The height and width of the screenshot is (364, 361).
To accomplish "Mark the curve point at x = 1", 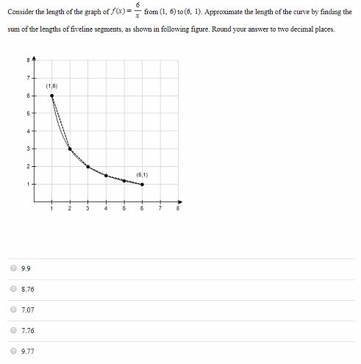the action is click(51, 96).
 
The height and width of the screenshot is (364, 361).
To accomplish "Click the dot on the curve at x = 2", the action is click(70, 149).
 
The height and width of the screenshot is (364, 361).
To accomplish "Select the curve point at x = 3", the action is click(87, 166).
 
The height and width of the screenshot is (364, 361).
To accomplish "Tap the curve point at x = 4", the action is click(106, 175).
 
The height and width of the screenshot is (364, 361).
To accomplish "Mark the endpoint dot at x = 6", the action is click(142, 184).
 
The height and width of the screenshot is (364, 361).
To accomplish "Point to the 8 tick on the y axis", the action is click(28, 60).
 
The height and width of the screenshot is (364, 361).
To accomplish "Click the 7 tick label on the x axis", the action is click(160, 209).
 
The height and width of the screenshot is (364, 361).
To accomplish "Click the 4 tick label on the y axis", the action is click(28, 131).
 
